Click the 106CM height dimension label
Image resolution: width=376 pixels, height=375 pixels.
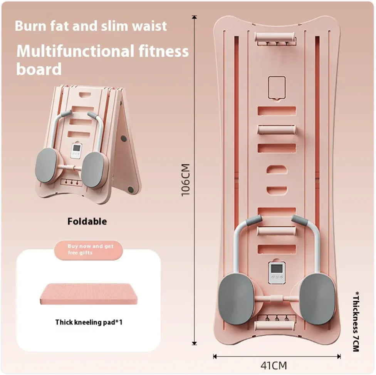pos(186,180)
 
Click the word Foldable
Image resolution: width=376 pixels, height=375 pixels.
pos(87,221)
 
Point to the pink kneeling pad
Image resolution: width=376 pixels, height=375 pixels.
pos(88,294)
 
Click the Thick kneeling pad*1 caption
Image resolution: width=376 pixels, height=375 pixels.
pos(89,322)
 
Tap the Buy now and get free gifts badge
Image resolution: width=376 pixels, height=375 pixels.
pos(90,249)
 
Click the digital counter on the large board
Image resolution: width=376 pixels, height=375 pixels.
pos(276,273)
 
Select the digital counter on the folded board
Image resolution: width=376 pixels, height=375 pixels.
pos(77,151)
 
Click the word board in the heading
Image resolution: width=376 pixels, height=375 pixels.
pos(39,69)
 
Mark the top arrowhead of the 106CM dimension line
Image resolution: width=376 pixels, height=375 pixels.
pos(194,17)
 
